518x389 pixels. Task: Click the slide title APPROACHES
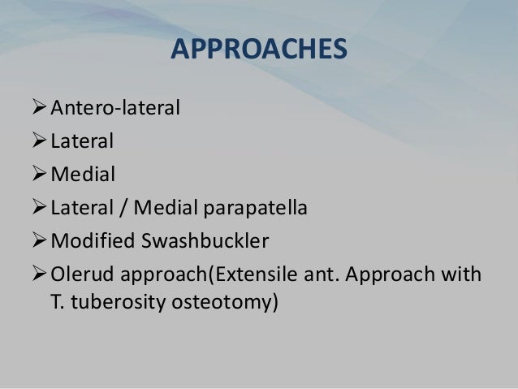[x=259, y=50]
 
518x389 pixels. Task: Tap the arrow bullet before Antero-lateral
[x=39, y=107]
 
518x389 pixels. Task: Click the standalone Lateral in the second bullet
[x=82, y=141]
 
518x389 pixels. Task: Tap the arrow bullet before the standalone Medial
[x=39, y=175]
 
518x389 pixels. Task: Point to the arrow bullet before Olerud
[x=39, y=276]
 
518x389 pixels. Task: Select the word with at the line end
[x=462, y=276]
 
